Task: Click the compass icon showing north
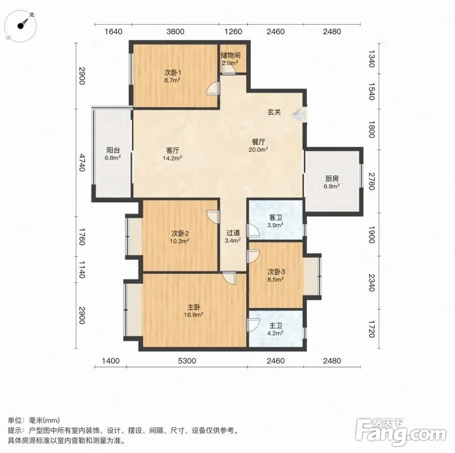(21, 26)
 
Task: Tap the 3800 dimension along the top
(175, 31)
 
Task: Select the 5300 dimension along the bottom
(187, 361)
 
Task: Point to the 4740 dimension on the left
(82, 163)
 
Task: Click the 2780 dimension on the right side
(372, 182)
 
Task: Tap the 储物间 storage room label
(230, 55)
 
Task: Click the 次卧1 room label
(172, 72)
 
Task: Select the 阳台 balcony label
(113, 150)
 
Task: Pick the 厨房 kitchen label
(332, 178)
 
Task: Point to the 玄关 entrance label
(274, 112)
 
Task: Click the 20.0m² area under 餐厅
(258, 149)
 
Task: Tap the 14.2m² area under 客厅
(172, 158)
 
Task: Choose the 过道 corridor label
(233, 233)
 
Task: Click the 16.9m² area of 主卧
(193, 315)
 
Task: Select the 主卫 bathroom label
(276, 326)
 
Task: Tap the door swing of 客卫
(253, 231)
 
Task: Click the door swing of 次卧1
(213, 88)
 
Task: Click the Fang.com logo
(400, 432)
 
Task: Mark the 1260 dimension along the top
(233, 31)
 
